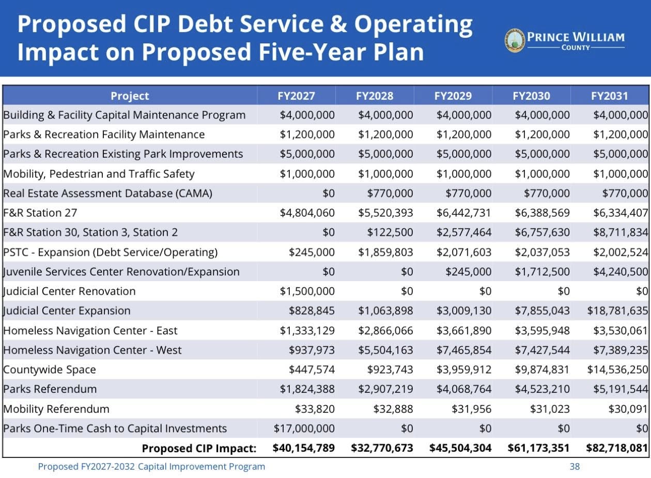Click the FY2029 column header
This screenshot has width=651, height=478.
(x=453, y=96)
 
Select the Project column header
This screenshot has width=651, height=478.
(x=130, y=96)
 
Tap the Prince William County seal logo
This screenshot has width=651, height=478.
(x=515, y=40)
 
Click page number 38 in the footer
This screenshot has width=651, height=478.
(x=575, y=466)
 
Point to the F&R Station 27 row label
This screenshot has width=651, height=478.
(x=40, y=213)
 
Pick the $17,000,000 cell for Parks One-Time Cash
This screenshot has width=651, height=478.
(x=304, y=428)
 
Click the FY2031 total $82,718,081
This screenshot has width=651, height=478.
(x=617, y=448)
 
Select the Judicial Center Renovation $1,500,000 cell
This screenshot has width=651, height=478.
(x=307, y=291)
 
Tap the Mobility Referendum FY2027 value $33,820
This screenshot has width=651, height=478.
(x=315, y=409)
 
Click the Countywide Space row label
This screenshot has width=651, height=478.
(x=50, y=369)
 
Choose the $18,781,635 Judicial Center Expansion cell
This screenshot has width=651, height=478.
(x=617, y=311)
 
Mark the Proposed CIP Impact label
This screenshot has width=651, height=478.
(x=199, y=448)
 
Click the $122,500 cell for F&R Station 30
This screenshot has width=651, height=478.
(x=390, y=233)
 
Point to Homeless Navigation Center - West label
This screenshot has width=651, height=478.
(x=92, y=350)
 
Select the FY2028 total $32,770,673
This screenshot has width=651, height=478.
(x=382, y=448)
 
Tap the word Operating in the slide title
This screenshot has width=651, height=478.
(x=413, y=24)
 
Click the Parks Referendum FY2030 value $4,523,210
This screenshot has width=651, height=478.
(x=542, y=389)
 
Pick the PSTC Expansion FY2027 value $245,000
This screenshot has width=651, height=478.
(x=312, y=252)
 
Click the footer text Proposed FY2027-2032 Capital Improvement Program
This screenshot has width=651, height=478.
(x=151, y=466)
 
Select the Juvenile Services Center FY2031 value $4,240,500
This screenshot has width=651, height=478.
(x=621, y=272)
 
